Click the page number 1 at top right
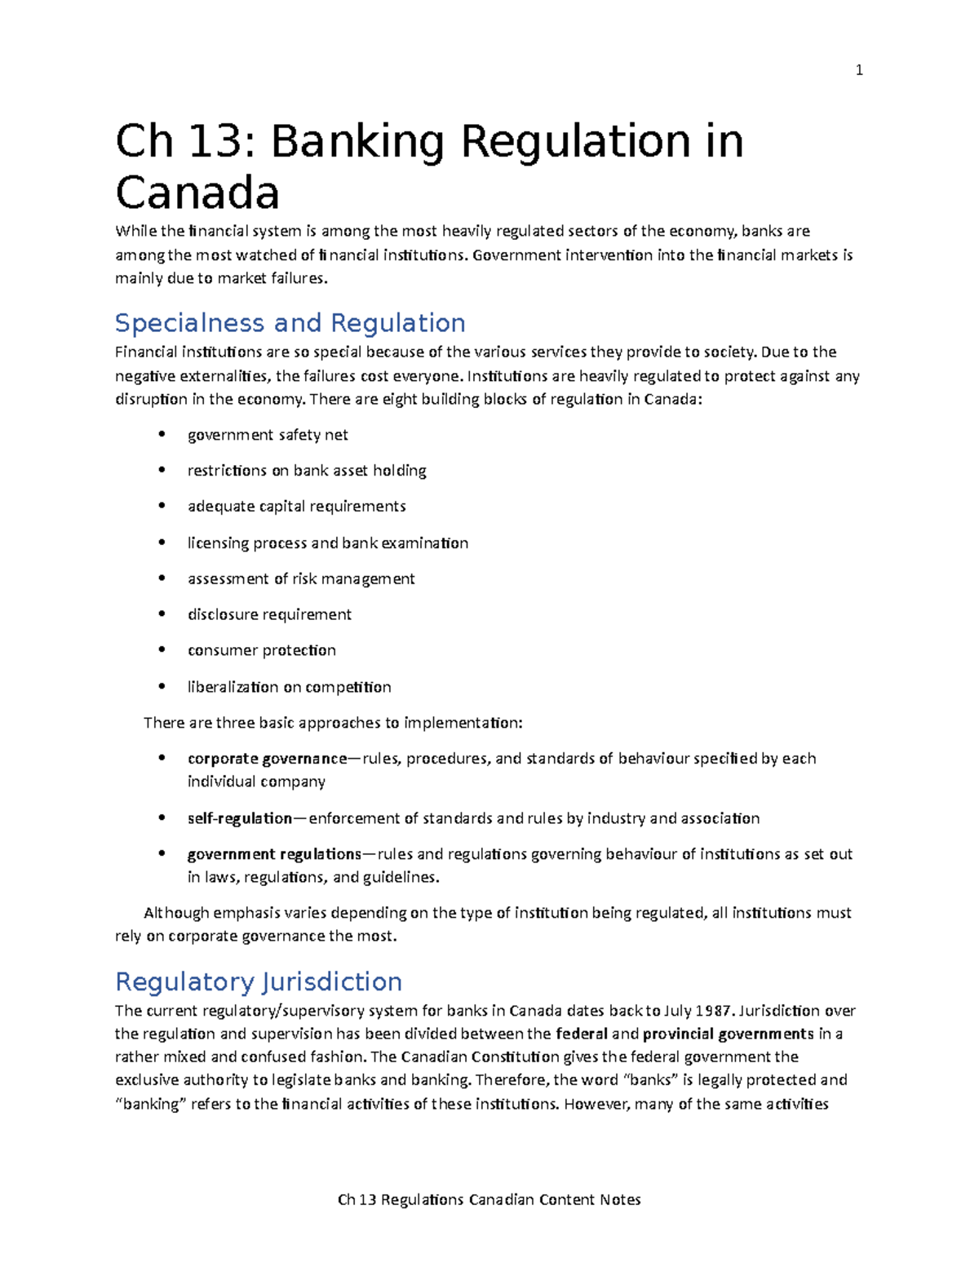(858, 70)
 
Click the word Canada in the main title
(197, 193)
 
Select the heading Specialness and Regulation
(290, 323)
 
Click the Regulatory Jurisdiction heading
(259, 981)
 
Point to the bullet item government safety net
(268, 435)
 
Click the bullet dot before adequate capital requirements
(162, 507)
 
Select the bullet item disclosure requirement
(269, 614)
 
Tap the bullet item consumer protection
(261, 650)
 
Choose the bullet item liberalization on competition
(289, 687)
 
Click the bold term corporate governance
(267, 759)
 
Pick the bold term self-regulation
(240, 818)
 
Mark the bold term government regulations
(274, 854)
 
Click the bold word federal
(581, 1034)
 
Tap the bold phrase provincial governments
(728, 1034)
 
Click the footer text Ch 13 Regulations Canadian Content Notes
(489, 1199)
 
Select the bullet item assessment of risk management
(301, 578)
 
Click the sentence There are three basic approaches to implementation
(333, 723)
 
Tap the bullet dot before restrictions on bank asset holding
(162, 471)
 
